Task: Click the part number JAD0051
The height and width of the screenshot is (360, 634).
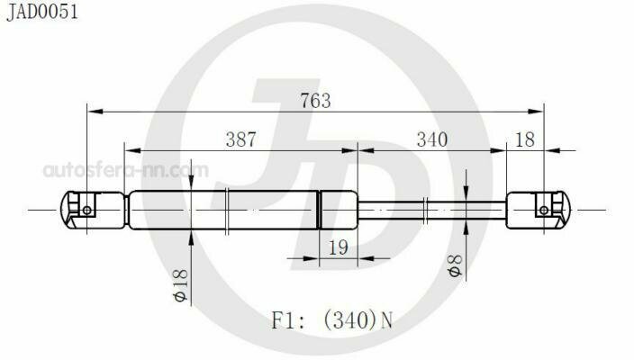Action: (42, 12)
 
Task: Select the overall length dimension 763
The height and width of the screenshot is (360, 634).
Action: (315, 101)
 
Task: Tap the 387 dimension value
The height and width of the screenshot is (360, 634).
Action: (241, 139)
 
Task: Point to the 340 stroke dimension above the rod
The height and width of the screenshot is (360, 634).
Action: (432, 139)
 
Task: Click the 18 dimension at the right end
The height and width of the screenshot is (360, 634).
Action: (525, 139)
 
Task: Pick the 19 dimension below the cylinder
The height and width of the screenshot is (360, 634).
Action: (338, 247)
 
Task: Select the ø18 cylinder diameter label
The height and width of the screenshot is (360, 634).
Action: (181, 285)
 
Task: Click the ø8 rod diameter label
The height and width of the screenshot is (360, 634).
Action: (456, 265)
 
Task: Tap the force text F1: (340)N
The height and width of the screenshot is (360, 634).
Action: (332, 320)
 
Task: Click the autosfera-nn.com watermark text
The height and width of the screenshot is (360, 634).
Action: (126, 170)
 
